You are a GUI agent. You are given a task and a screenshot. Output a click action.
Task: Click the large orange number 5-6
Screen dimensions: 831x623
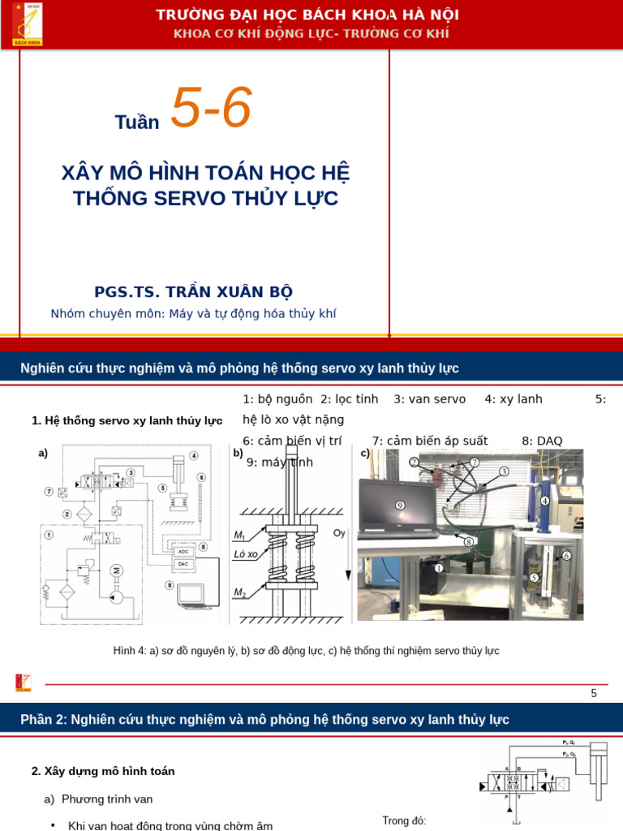[211, 109]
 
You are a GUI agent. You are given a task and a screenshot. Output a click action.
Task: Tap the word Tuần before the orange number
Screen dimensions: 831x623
[137, 123]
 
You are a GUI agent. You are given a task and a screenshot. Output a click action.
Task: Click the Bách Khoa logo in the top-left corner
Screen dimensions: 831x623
[27, 24]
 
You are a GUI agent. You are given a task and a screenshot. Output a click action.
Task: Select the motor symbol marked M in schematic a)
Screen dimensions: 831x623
[115, 570]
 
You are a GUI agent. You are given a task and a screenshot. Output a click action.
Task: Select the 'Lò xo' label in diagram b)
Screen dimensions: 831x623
[246, 554]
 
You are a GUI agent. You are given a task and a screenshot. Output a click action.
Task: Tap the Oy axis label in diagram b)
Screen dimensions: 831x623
[340, 533]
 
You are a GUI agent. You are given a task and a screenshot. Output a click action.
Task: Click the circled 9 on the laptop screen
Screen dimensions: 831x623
[399, 505]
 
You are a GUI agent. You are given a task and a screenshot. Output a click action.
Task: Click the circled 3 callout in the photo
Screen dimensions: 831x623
[504, 471]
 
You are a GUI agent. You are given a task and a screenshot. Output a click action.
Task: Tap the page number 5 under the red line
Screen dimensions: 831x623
[594, 693]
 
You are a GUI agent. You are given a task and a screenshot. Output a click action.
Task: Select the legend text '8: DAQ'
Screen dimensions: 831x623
[542, 441]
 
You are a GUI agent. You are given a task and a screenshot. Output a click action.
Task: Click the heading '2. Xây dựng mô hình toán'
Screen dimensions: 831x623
[103, 771]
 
